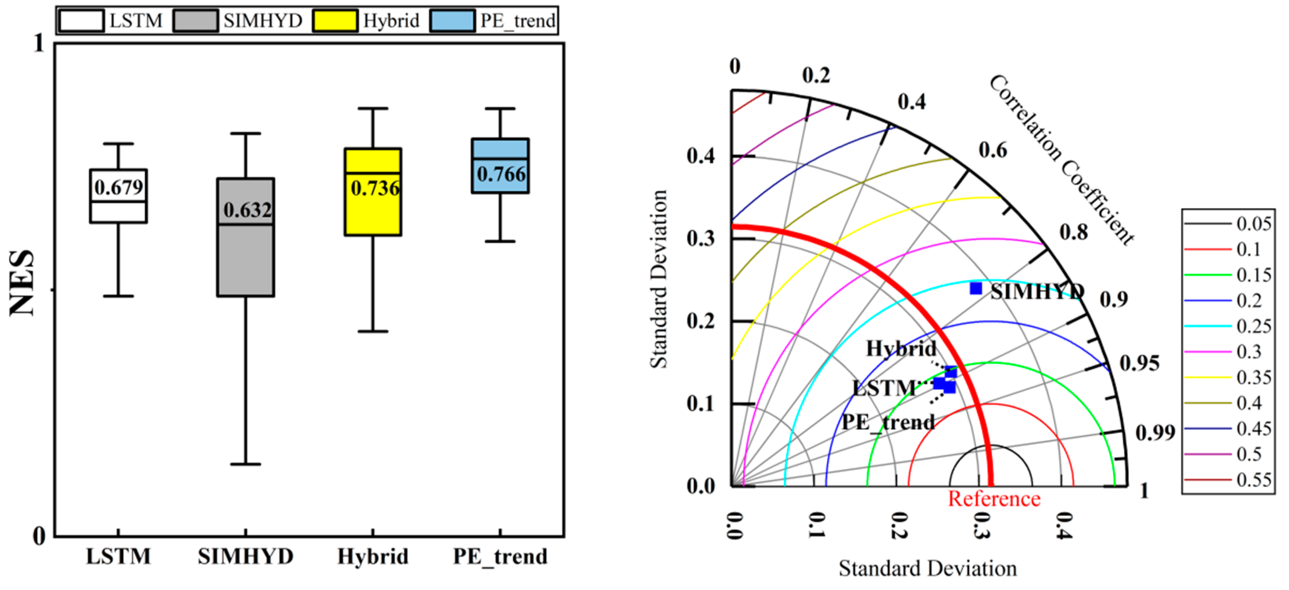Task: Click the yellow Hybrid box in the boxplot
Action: (x=373, y=210)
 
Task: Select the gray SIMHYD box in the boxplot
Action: (x=245, y=260)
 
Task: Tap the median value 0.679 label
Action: (x=118, y=188)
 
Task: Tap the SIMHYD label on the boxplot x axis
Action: (x=245, y=556)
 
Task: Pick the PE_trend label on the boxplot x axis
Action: (x=500, y=556)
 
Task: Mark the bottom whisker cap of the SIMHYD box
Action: (x=245, y=464)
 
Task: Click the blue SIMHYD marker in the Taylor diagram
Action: (x=976, y=288)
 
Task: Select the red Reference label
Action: (x=994, y=499)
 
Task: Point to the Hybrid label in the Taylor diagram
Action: (x=901, y=349)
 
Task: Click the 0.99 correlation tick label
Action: (x=1155, y=433)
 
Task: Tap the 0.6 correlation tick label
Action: (x=993, y=150)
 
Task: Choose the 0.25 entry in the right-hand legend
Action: (x=1253, y=326)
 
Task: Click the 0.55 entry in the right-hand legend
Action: (x=1253, y=480)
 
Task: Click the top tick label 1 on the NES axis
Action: (x=39, y=44)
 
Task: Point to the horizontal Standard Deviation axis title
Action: (x=928, y=569)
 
